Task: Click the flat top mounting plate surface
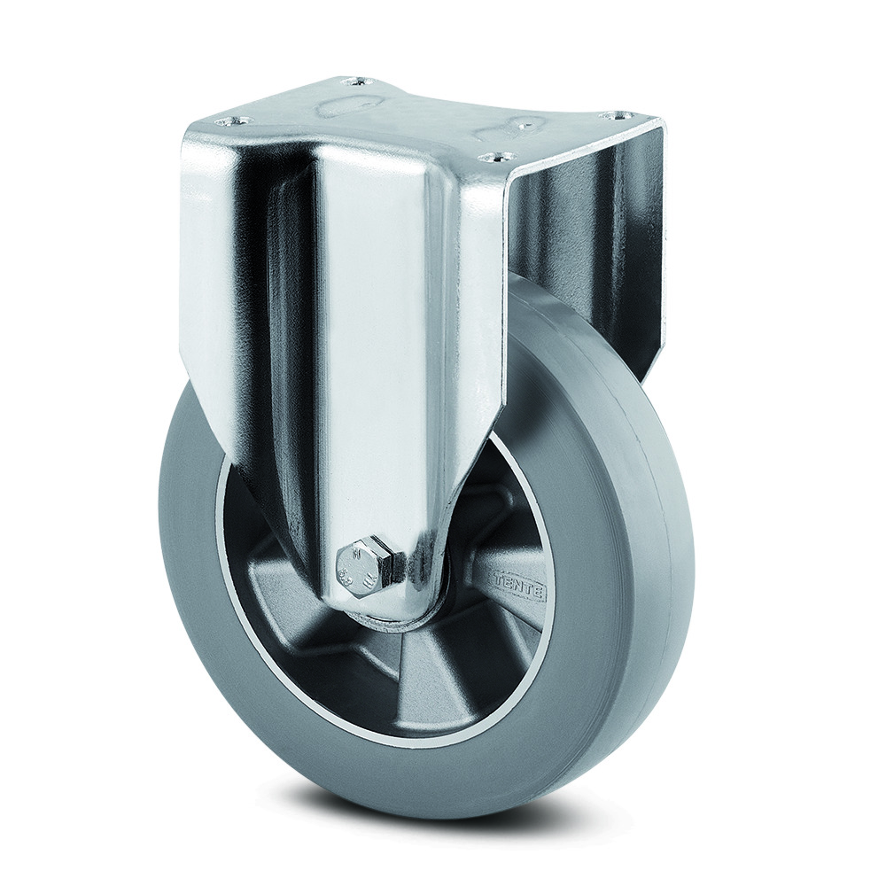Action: [x=425, y=115]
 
